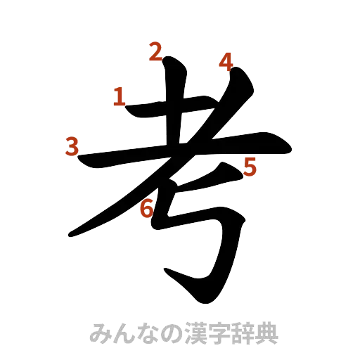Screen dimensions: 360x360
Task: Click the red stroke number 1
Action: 120,96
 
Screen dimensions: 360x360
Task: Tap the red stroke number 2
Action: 155,51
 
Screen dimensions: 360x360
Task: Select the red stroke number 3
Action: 71,147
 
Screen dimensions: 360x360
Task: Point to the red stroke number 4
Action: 226,62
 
